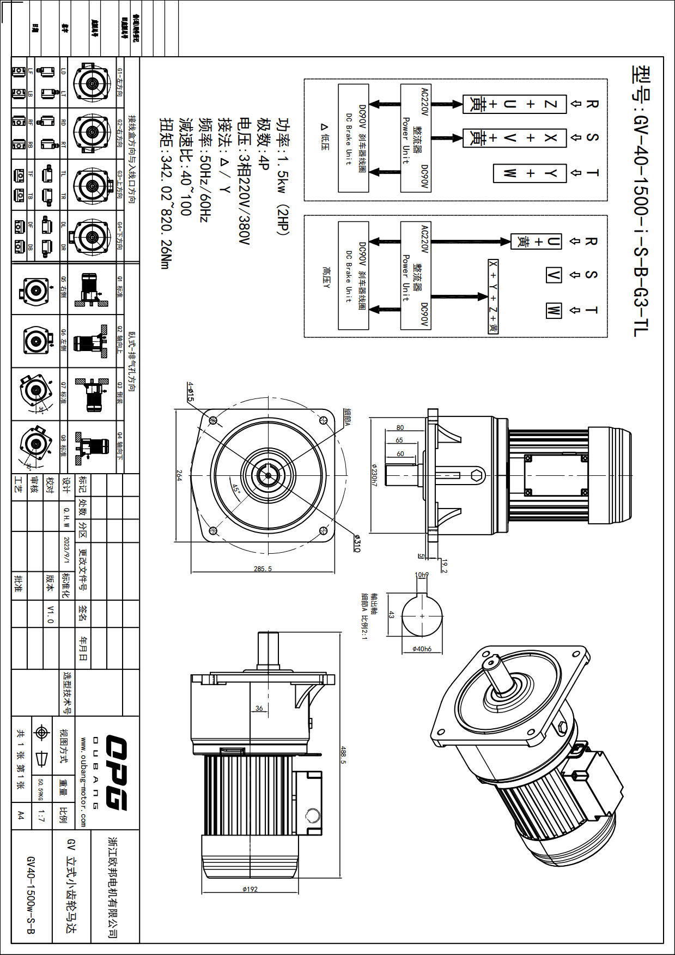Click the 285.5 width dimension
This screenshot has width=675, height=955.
click(x=263, y=569)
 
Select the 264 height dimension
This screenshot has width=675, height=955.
click(x=179, y=475)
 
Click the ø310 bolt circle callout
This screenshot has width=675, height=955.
click(x=357, y=543)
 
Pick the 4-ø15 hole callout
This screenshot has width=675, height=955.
click(x=191, y=391)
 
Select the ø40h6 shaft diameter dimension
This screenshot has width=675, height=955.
click(x=422, y=649)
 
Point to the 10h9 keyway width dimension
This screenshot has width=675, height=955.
click(x=422, y=575)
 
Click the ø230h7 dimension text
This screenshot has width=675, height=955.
click(x=374, y=475)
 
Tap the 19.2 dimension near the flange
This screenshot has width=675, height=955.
click(x=444, y=566)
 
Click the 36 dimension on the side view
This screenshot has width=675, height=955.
click(x=259, y=709)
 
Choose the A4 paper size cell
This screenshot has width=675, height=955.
click(x=21, y=815)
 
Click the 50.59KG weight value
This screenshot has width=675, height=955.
click(x=41, y=789)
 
